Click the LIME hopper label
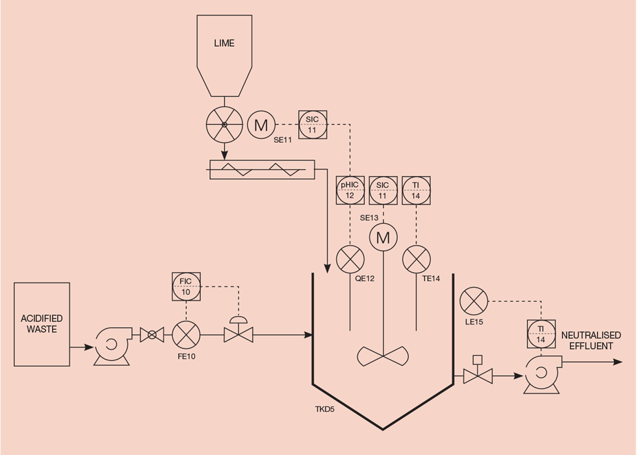tap(224, 43)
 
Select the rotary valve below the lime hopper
tap(224, 125)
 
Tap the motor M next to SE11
tap(261, 125)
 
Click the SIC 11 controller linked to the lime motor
tap(312, 124)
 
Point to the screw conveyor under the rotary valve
tap(260, 169)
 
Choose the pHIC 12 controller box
tap(350, 190)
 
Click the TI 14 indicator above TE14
tap(416, 190)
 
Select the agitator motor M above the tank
tap(383, 238)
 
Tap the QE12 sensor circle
tap(350, 260)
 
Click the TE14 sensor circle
tap(416, 260)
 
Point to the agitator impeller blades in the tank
tap(383, 355)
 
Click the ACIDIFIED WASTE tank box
tap(42, 324)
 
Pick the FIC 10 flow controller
tap(186, 286)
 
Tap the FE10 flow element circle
tap(186, 335)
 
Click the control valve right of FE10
tap(238, 334)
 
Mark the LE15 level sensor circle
tap(474, 302)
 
